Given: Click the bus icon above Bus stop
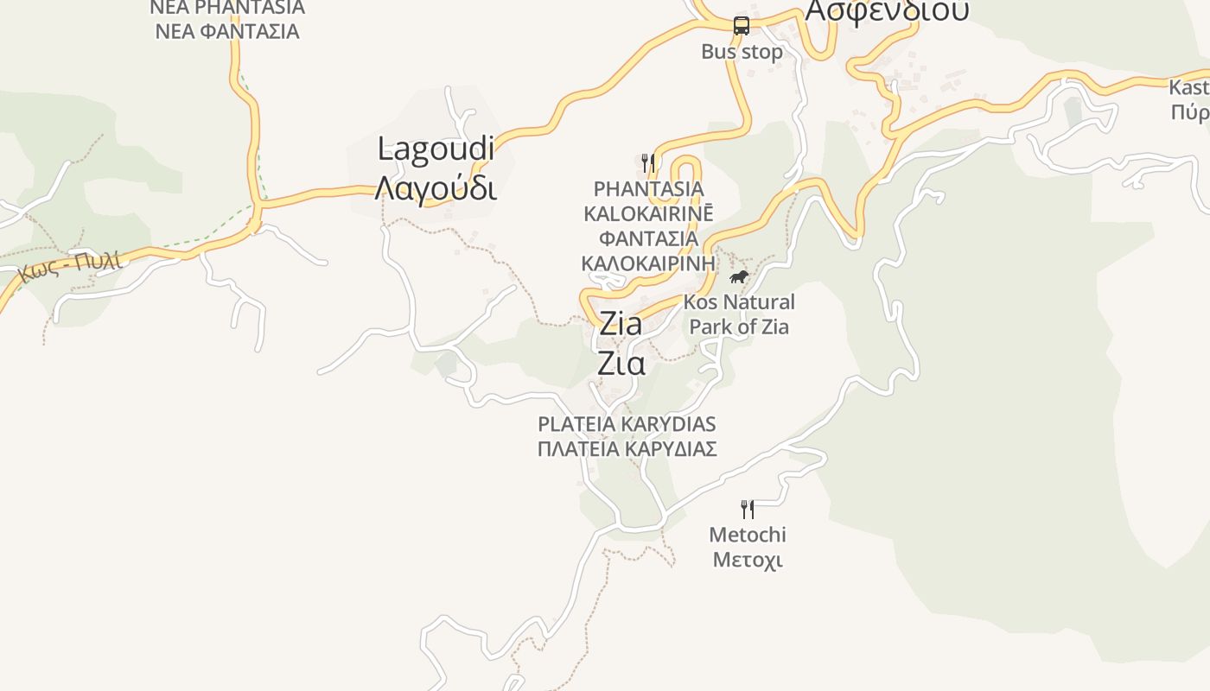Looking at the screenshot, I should coord(741,26).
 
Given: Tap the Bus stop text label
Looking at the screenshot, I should coord(742,52).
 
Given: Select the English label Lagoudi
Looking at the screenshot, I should coord(436,149).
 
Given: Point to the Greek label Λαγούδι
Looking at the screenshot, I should coord(436,187).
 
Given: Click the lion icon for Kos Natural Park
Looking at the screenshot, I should coord(739,277).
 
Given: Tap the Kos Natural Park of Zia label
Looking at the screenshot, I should coord(739,314).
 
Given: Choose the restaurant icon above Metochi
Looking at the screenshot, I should coord(748,510).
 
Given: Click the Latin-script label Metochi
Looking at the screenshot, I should coord(748,535).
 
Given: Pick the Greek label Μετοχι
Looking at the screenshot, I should coord(748,560).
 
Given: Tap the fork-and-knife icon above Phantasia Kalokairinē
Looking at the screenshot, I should coord(647,162).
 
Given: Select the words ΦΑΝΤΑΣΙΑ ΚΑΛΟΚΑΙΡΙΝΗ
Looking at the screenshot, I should coord(648,250).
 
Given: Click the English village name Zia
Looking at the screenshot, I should coord(621,325).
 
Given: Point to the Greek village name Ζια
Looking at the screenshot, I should coord(621,364).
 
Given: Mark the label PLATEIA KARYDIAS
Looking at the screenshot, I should coord(627,424).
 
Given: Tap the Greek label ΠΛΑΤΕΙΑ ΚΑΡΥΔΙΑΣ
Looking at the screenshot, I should coord(627,449).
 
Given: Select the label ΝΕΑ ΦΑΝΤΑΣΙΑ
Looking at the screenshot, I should coord(226,32).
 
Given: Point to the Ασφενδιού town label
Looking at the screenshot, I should coord(887,11).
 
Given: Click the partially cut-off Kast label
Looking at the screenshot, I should coord(1188,87).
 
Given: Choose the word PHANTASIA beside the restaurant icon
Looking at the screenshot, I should coord(648,188).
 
